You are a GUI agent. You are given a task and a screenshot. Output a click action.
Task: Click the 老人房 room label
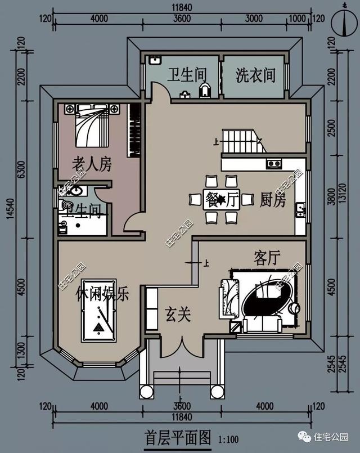tap(92, 164)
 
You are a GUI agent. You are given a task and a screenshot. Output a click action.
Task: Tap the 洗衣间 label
tap(255, 75)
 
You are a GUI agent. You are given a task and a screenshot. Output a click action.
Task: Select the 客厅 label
tap(267, 258)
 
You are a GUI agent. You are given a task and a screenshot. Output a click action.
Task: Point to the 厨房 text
tap(273, 200)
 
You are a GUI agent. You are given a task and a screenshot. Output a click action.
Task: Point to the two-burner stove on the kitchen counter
tap(274, 164)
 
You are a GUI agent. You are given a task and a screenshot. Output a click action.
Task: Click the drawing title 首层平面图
tap(177, 437)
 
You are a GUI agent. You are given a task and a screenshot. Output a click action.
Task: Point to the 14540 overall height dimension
tap(10, 219)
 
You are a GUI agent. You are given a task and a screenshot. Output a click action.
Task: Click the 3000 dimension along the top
tap(253, 17)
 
